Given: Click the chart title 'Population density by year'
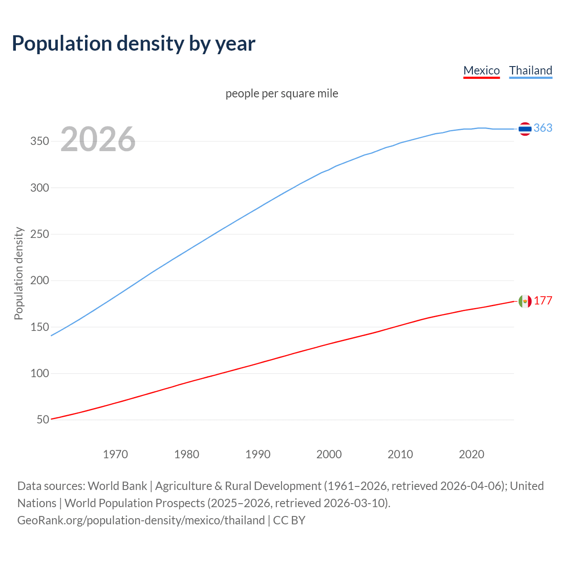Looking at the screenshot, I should [134, 44].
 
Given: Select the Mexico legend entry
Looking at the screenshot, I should [481, 70].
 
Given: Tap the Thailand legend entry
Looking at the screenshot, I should [531, 70].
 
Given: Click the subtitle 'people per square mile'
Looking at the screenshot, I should [282, 93].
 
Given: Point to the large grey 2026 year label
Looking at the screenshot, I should [98, 139].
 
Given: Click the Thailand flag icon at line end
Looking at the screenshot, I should [525, 129].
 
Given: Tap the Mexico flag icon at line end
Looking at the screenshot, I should [525, 301].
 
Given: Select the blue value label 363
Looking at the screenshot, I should [543, 128].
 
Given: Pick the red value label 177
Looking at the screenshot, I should [543, 301].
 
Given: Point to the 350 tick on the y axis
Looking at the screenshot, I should [40, 141].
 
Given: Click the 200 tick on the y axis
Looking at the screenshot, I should [40, 281].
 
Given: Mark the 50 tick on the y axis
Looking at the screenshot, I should [43, 420].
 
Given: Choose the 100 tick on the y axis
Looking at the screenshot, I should [40, 374].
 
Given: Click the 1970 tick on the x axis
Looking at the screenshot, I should [115, 454].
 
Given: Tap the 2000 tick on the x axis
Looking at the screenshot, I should [329, 454].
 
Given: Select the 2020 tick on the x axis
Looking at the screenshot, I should [471, 454].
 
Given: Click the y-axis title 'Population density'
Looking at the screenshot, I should [19, 273].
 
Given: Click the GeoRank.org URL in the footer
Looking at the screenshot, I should [141, 520].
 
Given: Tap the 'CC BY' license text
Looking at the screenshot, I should [289, 520].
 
